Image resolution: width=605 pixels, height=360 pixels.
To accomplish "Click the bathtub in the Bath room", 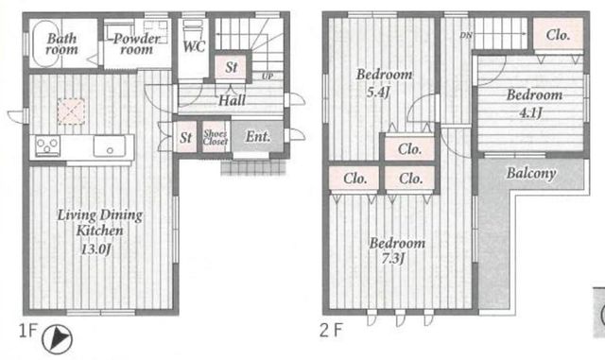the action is (x=46, y=43).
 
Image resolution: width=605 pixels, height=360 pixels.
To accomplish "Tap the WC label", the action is (x=194, y=46).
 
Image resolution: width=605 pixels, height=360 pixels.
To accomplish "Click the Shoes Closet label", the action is (x=216, y=137).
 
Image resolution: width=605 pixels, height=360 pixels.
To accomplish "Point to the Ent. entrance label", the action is (x=258, y=136).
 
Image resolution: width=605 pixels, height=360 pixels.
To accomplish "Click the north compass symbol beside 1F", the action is (x=57, y=339).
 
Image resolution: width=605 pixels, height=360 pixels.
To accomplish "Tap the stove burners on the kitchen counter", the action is (x=47, y=146).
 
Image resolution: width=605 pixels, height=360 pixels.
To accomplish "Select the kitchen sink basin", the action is (x=110, y=146).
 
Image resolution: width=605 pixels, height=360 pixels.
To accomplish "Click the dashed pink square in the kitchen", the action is (x=71, y=111).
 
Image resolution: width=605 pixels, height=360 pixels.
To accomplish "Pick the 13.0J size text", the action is (x=95, y=249).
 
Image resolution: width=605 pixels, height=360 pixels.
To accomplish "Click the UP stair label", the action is (x=268, y=76).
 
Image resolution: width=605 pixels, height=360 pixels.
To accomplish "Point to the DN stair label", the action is (x=466, y=36).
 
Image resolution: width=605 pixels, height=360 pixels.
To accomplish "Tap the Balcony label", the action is (x=531, y=173).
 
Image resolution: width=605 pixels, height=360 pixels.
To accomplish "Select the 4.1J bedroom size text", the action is (x=531, y=112).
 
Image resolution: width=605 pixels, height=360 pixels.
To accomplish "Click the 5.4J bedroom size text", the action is (x=377, y=93).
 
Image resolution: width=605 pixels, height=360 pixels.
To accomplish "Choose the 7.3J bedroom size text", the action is (x=393, y=258).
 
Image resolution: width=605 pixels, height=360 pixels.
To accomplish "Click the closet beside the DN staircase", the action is (x=558, y=34).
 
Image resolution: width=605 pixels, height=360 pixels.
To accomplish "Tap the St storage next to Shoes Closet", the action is (x=185, y=137).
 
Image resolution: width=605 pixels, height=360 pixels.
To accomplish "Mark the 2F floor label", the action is (x=331, y=331).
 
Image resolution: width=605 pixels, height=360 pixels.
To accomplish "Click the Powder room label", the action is (x=136, y=43).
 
